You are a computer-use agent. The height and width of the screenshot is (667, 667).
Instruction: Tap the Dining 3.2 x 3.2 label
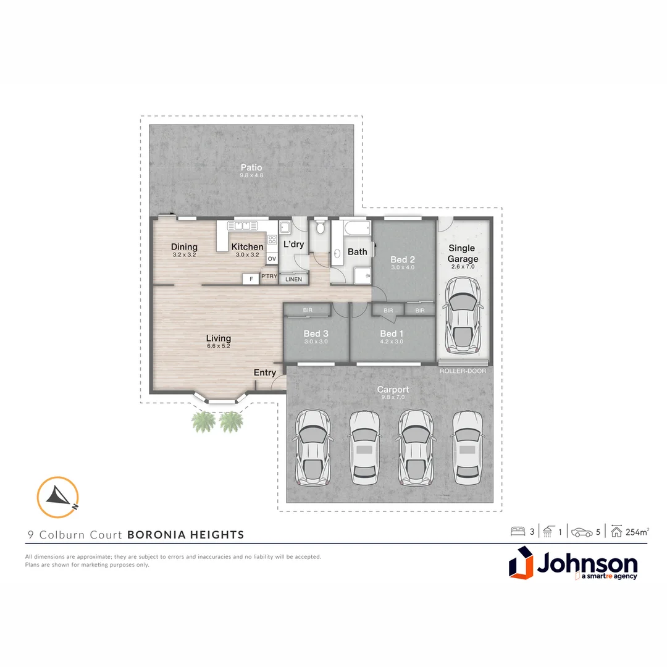tap(184, 250)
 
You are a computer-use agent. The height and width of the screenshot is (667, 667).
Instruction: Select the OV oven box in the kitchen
tap(272, 259)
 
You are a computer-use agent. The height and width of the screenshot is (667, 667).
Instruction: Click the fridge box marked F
tap(251, 279)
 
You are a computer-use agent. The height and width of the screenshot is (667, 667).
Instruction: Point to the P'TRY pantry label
tap(269, 277)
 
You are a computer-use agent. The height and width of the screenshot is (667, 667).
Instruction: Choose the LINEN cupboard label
tap(293, 279)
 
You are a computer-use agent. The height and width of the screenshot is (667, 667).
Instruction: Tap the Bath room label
tap(357, 251)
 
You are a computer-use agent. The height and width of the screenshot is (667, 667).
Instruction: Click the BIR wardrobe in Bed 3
tap(308, 310)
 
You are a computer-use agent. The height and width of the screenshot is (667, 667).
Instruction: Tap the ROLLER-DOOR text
tap(463, 371)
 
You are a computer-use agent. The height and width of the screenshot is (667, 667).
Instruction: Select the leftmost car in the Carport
tap(313, 447)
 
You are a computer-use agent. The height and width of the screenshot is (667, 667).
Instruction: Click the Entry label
tap(265, 372)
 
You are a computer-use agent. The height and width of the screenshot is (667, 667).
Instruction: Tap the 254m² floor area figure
tap(637, 531)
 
